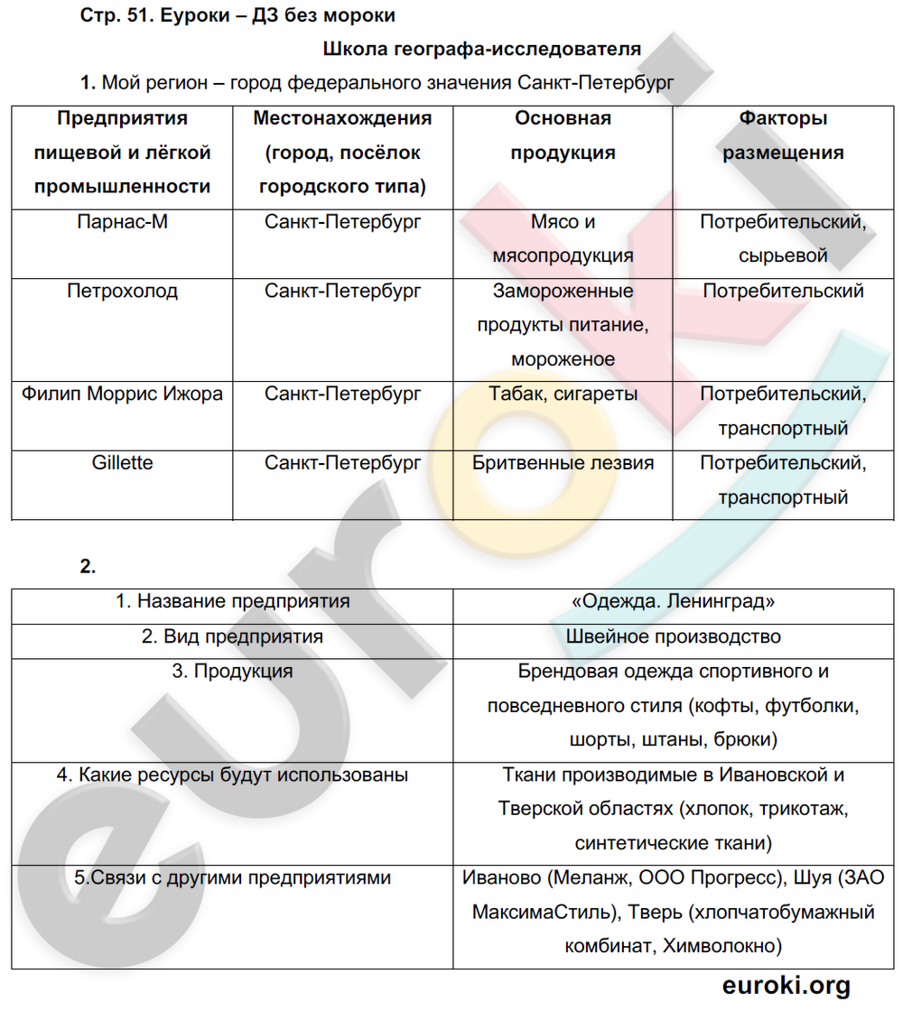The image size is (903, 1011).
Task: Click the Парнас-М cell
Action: [122, 222]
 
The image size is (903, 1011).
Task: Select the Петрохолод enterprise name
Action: [122, 292]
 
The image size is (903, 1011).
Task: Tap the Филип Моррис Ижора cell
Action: [122, 394]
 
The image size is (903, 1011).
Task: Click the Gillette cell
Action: [122, 463]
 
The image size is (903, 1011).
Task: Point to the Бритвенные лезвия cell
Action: [563, 463]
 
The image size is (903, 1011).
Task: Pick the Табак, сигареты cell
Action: [563, 394]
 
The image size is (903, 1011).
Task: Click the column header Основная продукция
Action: [563, 135]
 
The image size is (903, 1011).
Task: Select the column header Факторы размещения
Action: [783, 135]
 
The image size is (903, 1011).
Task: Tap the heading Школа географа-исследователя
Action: [481, 49]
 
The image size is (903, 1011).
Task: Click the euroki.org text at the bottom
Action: [786, 985]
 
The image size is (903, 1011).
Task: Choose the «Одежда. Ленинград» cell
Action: [673, 601]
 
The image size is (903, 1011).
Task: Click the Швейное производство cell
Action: [673, 636]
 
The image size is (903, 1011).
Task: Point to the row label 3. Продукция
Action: [232, 671]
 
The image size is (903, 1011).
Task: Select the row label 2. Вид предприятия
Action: [232, 636]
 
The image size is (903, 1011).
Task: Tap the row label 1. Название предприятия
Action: [232, 601]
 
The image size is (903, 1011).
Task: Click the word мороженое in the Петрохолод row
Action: [563, 359]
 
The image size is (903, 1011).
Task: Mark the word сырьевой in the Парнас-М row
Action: [783, 256]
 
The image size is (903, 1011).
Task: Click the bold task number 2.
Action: [88, 567]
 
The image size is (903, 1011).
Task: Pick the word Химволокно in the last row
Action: [721, 946]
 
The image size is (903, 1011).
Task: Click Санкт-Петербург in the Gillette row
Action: [343, 463]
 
